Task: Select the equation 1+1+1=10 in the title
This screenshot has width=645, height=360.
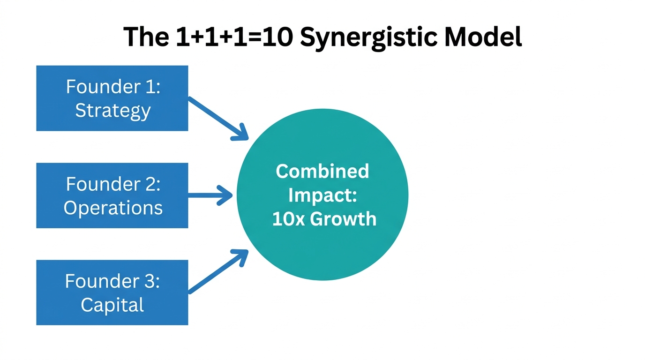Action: point(235,37)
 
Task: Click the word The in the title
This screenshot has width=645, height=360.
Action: point(146,37)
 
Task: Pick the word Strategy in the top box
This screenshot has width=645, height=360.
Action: point(113,111)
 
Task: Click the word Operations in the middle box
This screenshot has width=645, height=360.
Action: point(113,208)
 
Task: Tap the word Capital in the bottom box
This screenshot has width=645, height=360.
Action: point(112,305)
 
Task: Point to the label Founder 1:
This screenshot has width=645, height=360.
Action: point(113,87)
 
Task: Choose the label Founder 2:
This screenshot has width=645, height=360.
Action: point(113,184)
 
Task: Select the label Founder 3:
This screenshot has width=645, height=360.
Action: point(112,281)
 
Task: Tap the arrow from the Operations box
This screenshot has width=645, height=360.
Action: point(209,195)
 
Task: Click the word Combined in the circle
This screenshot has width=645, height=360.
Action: point(322,171)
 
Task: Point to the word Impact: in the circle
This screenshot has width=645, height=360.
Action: point(322,195)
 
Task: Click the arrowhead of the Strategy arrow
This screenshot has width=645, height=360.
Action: point(241,133)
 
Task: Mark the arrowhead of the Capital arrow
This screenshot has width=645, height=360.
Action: point(241,257)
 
